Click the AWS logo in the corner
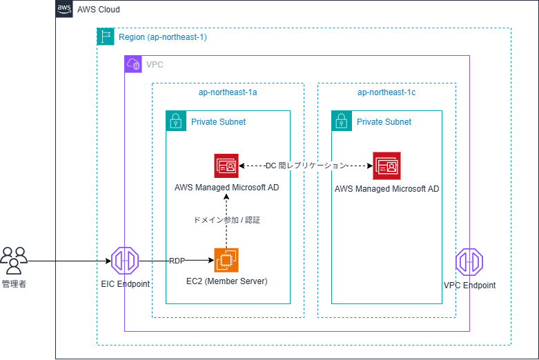tap(64, 9)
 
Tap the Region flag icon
tap(106, 37)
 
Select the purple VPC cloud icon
tap(133, 64)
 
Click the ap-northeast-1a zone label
tap(228, 92)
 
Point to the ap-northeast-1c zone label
tap(386, 92)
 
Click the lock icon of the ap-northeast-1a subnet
tap(176, 121)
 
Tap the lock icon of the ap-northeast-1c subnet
tap(342, 121)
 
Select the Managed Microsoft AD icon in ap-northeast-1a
tap(226, 166)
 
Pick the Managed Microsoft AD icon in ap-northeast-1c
tap(386, 166)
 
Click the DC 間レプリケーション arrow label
tap(306, 166)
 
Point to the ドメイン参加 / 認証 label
tap(227, 220)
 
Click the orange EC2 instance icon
tap(226, 260)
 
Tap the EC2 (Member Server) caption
tap(227, 281)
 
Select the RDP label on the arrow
tap(177, 261)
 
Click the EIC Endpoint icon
tap(125, 261)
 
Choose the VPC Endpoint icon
tap(469, 262)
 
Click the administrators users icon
tap(14, 261)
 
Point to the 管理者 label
tap(14, 284)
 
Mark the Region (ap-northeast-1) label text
tap(163, 37)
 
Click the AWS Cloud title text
tap(99, 10)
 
